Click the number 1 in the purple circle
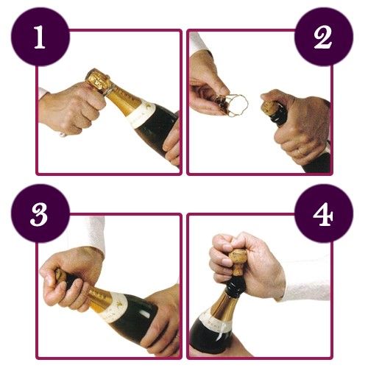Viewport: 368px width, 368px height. pos(40,38)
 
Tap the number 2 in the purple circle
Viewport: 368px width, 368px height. pos(323,37)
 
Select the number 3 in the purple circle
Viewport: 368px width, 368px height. pos(39,215)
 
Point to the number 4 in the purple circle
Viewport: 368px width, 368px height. pos(323,215)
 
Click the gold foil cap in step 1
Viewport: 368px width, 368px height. pos(98,79)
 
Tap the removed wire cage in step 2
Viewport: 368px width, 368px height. pos(233,105)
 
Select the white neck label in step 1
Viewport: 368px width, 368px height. pos(142,115)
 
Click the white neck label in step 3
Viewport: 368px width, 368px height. pos(113,308)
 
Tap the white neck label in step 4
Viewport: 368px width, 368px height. pos(216,322)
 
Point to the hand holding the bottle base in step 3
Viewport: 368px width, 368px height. pos(162,322)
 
